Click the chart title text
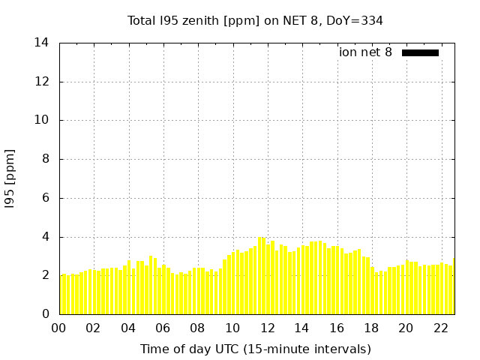(x=255, y=20)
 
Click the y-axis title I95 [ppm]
(x=10, y=178)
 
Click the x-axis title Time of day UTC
(x=255, y=349)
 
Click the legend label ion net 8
(x=365, y=52)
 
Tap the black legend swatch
(x=420, y=52)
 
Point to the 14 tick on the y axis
(x=42, y=43)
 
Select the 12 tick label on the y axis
(x=42, y=82)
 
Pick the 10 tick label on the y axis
(x=42, y=120)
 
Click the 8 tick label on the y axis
(x=45, y=159)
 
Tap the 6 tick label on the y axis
(x=45, y=198)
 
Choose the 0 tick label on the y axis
(x=45, y=314)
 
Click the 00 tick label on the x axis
(x=59, y=328)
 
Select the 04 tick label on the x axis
(x=128, y=328)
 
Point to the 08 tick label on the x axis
(x=198, y=328)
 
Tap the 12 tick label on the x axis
(x=267, y=328)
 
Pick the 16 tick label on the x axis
(x=337, y=328)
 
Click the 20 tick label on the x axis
(x=406, y=328)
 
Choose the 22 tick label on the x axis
(x=440, y=328)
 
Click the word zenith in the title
(x=196, y=20)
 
